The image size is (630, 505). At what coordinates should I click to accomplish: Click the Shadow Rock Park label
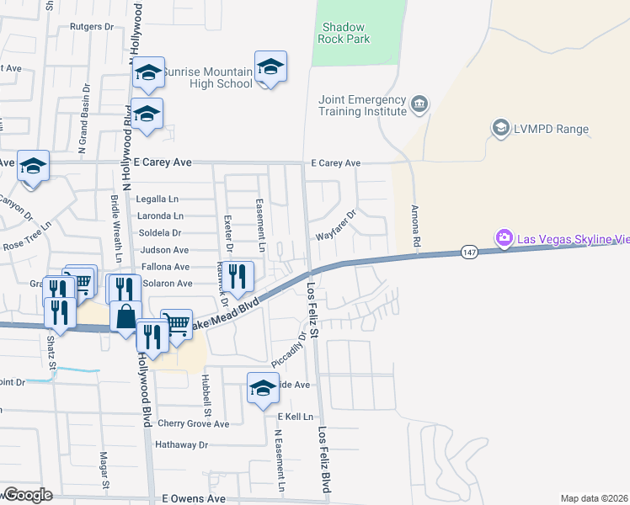pyautogui.click(x=346, y=33)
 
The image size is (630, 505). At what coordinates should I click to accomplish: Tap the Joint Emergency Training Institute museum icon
pyautogui.click(x=419, y=105)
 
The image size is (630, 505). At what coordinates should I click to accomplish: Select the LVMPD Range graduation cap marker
pyautogui.click(x=500, y=128)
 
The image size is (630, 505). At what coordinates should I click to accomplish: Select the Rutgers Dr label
pyautogui.click(x=93, y=27)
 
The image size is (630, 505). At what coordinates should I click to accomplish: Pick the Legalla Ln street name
pyautogui.click(x=157, y=199)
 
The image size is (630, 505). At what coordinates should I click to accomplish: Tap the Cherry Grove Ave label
pyautogui.click(x=193, y=423)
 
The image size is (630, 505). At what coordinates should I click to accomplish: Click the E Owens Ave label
pyautogui.click(x=194, y=498)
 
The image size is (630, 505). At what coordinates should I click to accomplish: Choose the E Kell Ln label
pyautogui.click(x=295, y=417)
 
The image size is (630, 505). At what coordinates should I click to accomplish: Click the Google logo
pyautogui.click(x=27, y=495)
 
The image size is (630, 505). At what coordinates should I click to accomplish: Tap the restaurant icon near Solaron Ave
pyautogui.click(x=238, y=277)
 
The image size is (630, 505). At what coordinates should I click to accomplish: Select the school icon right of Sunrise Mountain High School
pyautogui.click(x=270, y=67)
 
